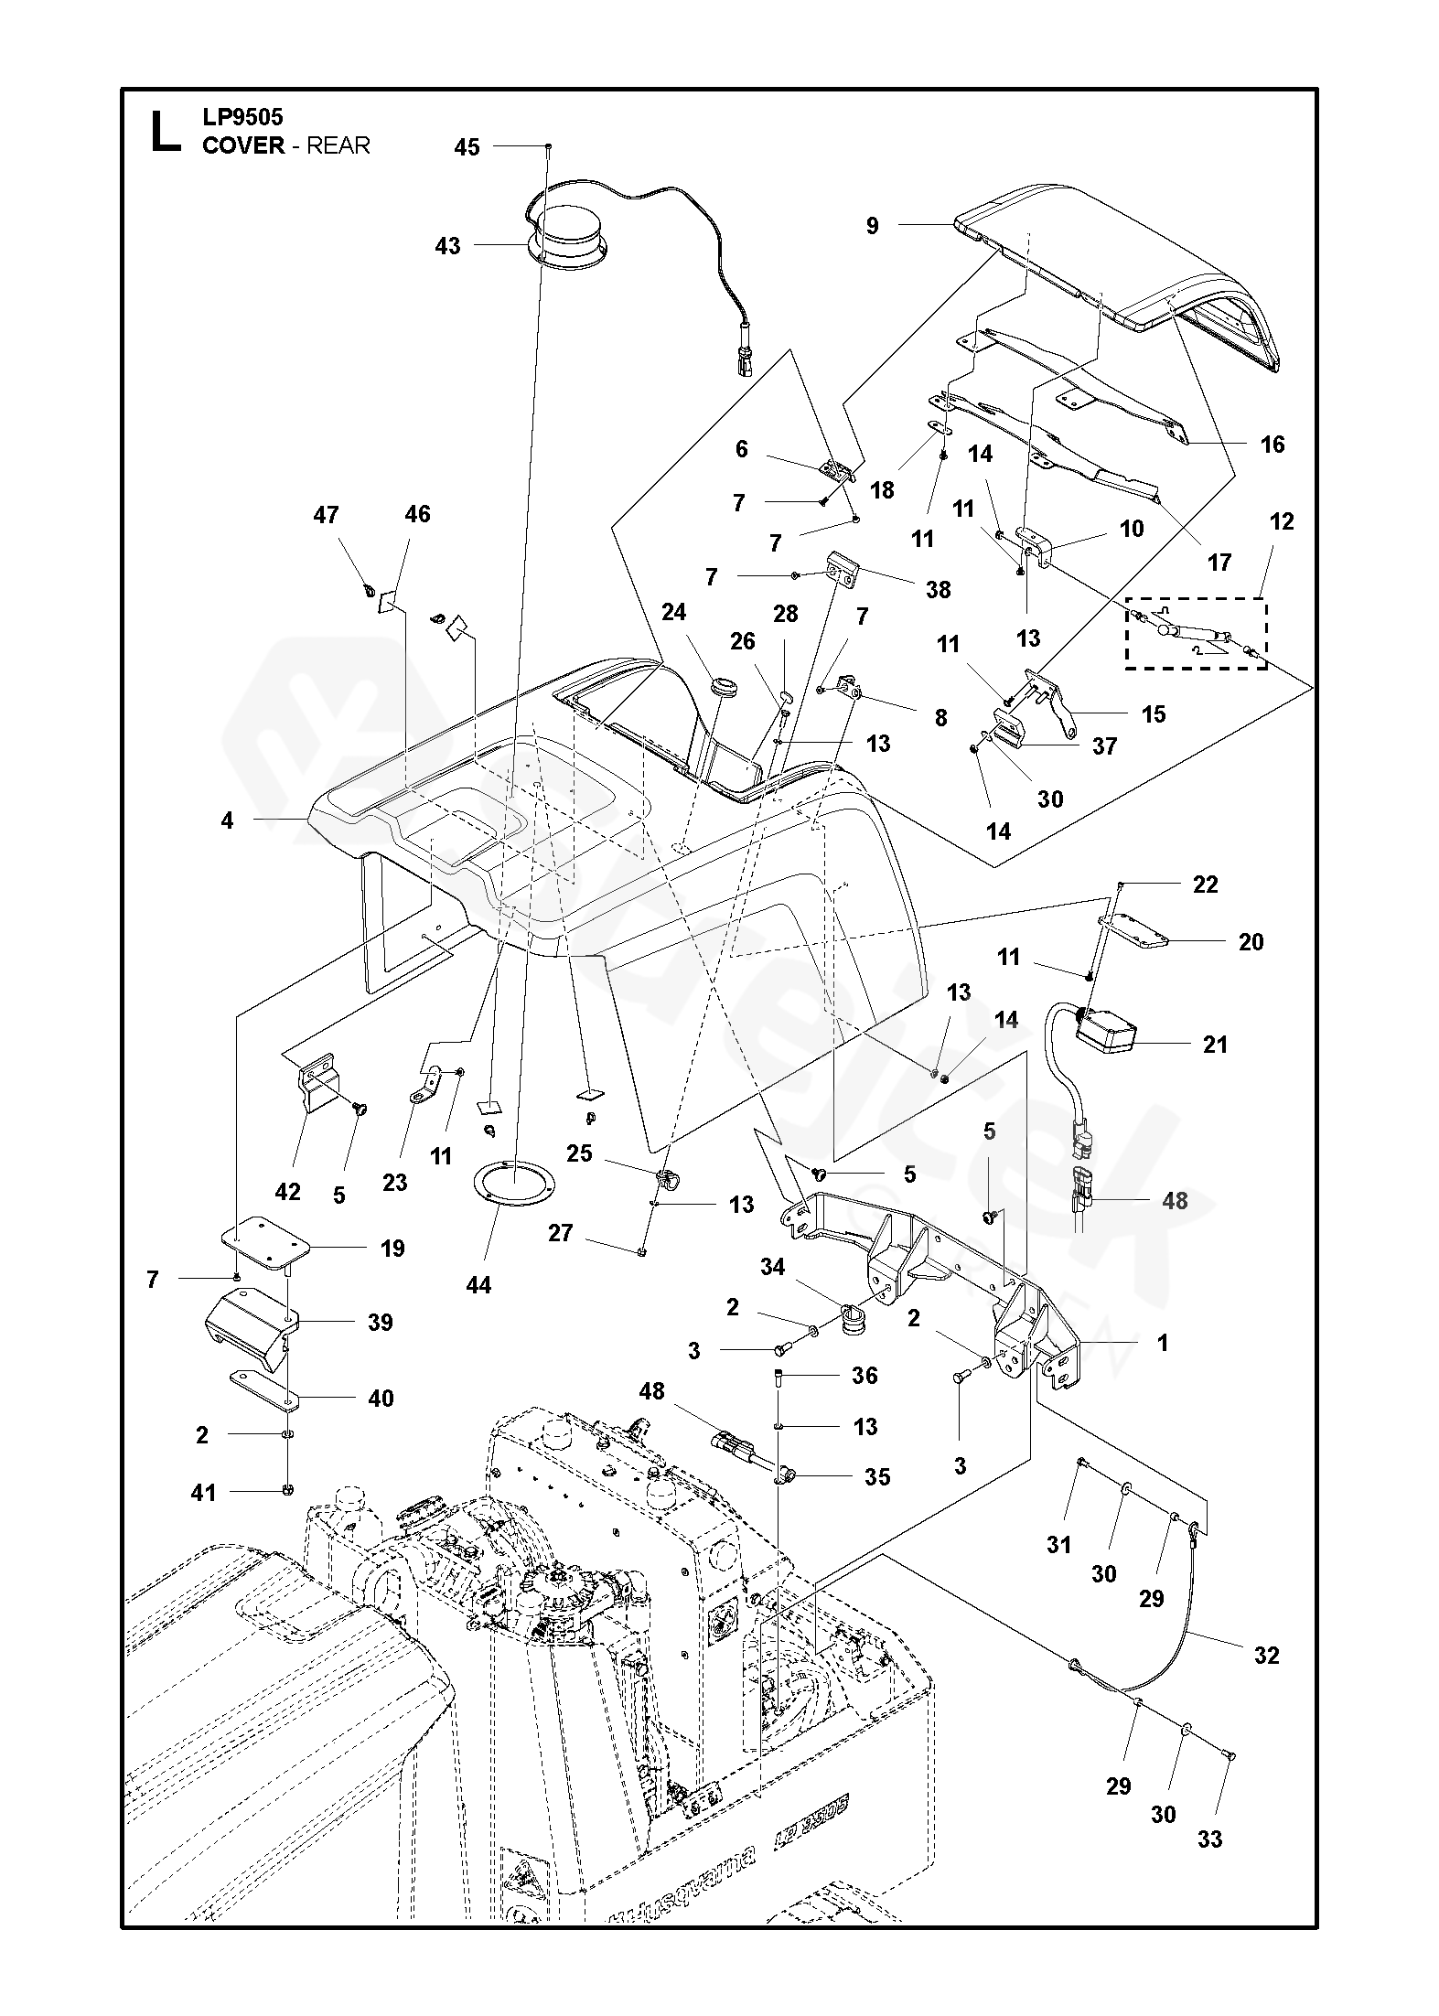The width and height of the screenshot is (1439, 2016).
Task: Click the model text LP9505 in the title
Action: [242, 117]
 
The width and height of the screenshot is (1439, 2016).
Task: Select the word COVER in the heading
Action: [243, 146]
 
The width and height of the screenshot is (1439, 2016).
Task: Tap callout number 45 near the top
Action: [467, 147]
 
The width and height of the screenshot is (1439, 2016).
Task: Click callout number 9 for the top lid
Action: [872, 225]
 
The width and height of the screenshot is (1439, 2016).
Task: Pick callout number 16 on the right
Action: [1273, 445]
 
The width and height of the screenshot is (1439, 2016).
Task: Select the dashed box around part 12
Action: [1196, 634]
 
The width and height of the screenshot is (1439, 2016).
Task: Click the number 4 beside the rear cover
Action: [227, 820]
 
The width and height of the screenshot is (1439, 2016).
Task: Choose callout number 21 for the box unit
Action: [1215, 1045]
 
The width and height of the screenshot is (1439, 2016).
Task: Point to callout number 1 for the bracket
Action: [1163, 1344]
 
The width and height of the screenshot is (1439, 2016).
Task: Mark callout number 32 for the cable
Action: [1266, 1655]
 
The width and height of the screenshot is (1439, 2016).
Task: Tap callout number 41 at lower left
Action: [203, 1492]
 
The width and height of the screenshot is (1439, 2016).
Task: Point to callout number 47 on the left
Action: [326, 515]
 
